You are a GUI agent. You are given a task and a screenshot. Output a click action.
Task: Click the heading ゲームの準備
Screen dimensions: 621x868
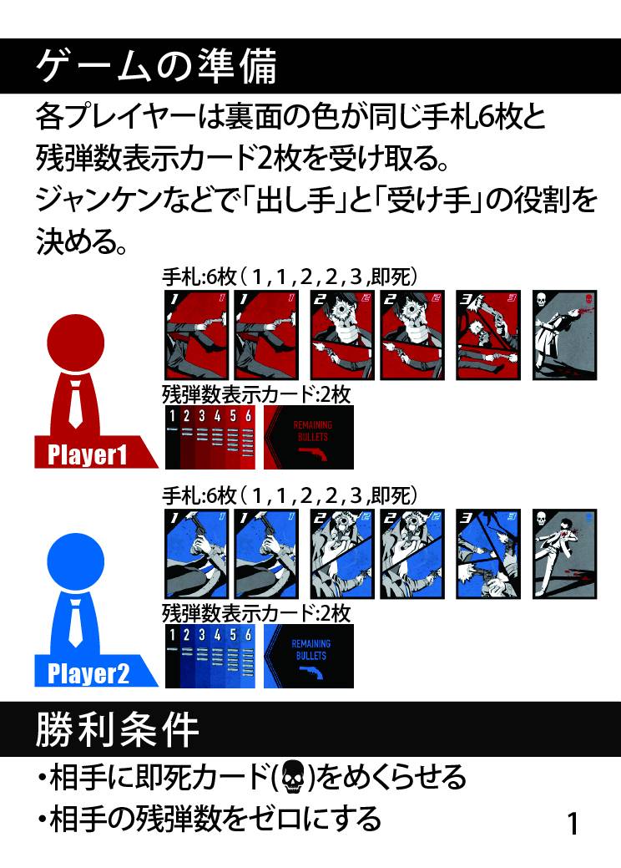click(x=156, y=67)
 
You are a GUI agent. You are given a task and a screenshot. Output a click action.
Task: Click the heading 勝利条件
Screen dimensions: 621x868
click(x=117, y=729)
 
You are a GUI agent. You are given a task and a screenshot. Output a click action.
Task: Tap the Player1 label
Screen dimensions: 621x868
click(x=88, y=454)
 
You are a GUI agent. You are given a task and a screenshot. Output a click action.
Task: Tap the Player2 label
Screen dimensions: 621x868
click(x=88, y=673)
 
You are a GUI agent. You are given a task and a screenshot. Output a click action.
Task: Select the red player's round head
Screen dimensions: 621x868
click(x=76, y=343)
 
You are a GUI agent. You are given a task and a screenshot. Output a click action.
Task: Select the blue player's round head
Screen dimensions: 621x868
click(x=76, y=561)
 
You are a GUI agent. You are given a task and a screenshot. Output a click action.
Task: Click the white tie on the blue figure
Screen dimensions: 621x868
click(x=76, y=623)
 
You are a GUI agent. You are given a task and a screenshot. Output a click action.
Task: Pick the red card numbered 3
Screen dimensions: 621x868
click(x=487, y=335)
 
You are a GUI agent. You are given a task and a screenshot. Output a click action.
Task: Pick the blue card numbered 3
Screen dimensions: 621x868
click(x=487, y=554)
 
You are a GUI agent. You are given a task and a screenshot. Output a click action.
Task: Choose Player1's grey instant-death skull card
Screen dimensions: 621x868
click(x=564, y=335)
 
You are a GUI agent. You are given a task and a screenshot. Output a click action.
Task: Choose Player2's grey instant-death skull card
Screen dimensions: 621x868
click(x=564, y=554)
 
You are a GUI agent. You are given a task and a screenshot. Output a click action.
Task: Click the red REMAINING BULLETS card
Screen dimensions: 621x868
click(x=309, y=437)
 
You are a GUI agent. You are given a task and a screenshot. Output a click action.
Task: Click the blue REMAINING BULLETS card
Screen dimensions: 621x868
click(x=309, y=656)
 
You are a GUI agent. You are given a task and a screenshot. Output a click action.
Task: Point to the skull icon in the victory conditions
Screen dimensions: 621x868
click(x=292, y=777)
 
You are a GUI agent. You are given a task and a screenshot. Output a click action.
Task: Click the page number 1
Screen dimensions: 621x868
click(x=573, y=824)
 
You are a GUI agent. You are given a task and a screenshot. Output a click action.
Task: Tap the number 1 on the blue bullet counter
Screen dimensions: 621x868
click(x=172, y=634)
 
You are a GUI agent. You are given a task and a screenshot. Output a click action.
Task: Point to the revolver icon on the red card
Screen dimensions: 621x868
click(x=313, y=454)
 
